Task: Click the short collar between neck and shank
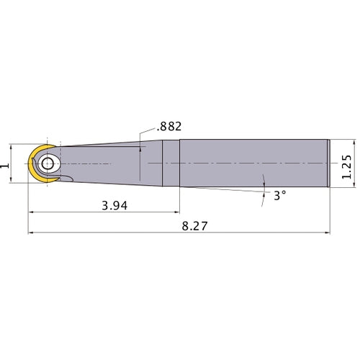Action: tap(171, 163)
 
